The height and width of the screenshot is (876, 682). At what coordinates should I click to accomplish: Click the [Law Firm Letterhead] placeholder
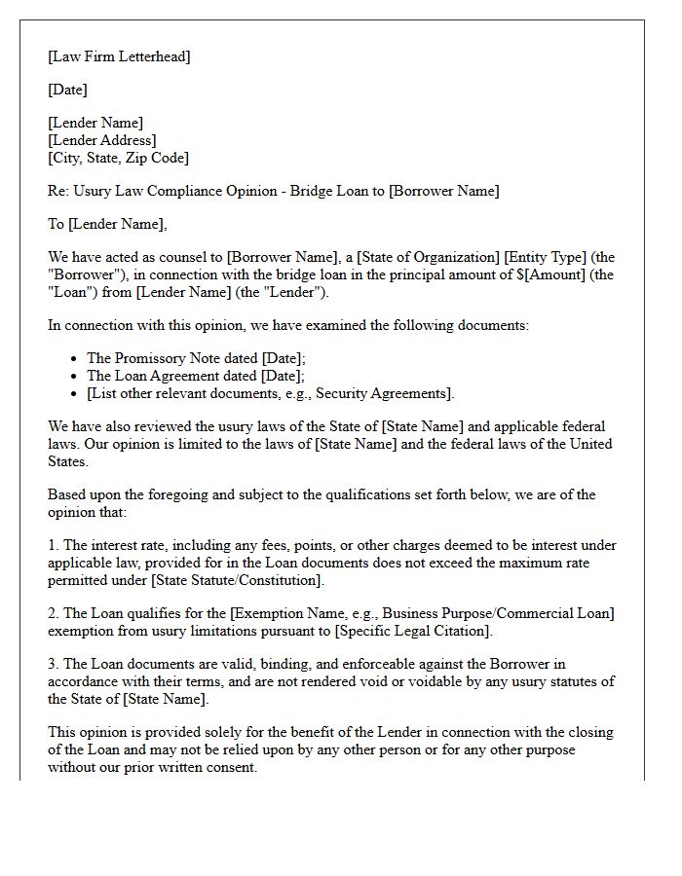click(119, 56)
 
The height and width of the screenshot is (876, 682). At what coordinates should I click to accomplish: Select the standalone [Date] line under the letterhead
click(67, 90)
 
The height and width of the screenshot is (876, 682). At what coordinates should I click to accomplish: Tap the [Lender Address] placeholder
click(101, 140)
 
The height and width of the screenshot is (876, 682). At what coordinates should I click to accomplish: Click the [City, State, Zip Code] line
click(118, 158)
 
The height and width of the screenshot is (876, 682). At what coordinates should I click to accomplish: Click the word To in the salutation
click(56, 224)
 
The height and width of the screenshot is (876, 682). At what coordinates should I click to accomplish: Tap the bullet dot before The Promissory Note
click(76, 359)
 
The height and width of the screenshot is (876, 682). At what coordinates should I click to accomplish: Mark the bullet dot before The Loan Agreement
click(76, 376)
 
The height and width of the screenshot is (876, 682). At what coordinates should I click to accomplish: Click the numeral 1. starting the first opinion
click(54, 545)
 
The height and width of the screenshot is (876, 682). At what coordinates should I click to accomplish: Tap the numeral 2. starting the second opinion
click(54, 613)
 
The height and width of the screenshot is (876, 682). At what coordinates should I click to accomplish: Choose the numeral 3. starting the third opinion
click(54, 664)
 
